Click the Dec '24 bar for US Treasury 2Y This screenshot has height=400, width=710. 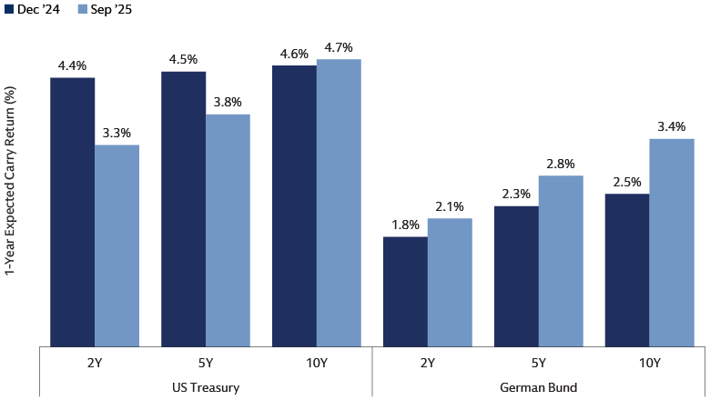coord(72,211)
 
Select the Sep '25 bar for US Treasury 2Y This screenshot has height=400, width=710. coord(117,245)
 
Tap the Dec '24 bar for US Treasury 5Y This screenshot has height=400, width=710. coord(183,208)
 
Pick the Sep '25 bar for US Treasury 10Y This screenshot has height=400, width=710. coord(339,202)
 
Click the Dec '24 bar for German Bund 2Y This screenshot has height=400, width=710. coord(405,291)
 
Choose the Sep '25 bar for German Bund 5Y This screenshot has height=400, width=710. coord(561,260)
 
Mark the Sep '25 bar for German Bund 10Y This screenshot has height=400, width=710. coord(672,242)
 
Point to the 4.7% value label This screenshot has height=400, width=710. coord(339,47)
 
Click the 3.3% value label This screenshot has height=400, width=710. coord(117,133)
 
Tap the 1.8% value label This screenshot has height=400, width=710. coord(405,225)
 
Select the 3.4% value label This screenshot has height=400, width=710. coord(672,126)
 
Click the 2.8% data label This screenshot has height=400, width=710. coord(561,164)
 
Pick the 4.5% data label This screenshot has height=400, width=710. coord(183,60)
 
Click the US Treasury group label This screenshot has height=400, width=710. coord(206,387)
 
